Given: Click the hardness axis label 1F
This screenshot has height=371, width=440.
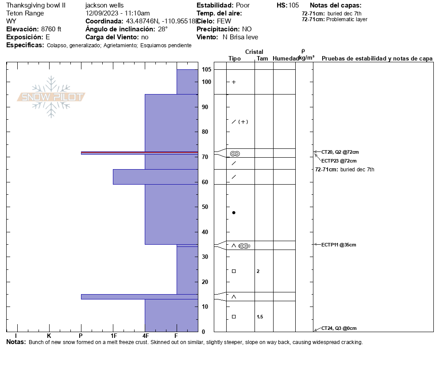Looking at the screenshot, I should [113, 336].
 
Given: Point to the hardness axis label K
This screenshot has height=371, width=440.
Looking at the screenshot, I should [49, 336].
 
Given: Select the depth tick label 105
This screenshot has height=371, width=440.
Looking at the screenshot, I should [206, 70].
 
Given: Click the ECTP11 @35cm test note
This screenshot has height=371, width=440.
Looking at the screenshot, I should [339, 245].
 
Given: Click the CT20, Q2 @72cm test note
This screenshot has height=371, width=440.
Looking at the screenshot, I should [340, 152].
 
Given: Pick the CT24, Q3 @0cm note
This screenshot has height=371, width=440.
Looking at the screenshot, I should [339, 328].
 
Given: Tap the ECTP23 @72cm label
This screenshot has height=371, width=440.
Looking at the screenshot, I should [339, 161].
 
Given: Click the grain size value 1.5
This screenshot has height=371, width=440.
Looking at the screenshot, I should [260, 317].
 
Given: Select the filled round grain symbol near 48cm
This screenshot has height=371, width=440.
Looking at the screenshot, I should [234, 213].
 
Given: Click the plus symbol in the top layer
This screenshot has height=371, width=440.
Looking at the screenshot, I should [234, 82].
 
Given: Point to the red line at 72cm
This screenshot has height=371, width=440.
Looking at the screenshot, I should [139, 152].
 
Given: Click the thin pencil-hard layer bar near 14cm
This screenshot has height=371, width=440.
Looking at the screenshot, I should [139, 296].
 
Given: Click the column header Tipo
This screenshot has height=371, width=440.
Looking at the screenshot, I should [235, 59].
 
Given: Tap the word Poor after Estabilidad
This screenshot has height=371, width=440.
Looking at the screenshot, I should [243, 5].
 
